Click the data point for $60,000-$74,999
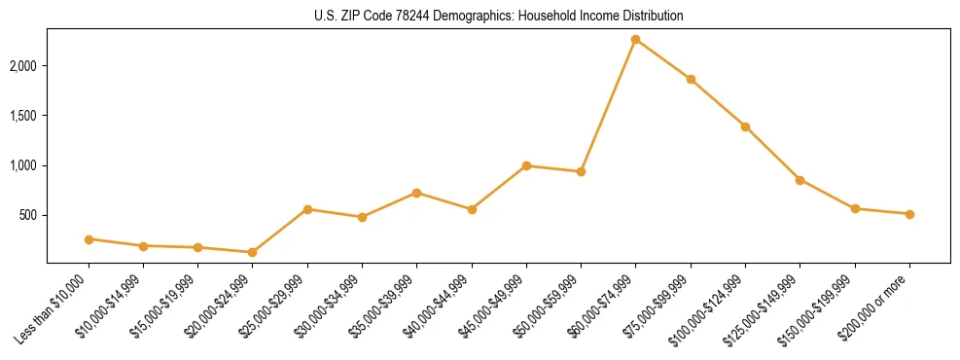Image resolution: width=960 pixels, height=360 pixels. coord(635,40)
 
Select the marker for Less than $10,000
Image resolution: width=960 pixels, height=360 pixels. coord(89,239)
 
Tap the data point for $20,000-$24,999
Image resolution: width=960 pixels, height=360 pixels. coord(253,252)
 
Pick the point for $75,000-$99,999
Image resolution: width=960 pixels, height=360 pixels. coord(691,79)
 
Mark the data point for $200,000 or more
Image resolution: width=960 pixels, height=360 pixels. coord(909,214)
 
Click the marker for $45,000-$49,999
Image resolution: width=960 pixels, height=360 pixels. coord(526,165)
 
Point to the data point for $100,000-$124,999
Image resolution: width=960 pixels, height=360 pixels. coord(745,126)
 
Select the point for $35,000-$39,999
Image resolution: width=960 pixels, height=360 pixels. coord(416,193)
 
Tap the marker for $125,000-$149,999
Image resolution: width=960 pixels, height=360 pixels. coord(800,180)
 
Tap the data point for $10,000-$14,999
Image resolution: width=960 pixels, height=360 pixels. coord(143,246)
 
